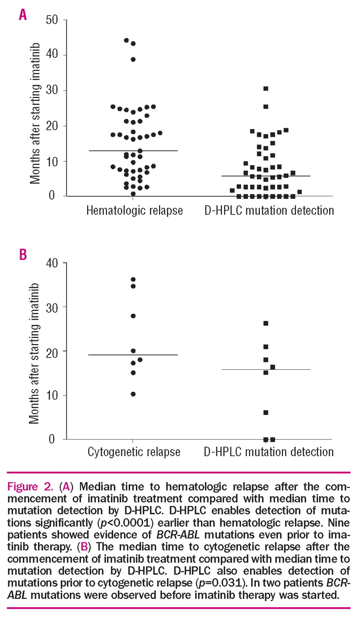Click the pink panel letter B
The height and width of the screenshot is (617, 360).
[x=23, y=254]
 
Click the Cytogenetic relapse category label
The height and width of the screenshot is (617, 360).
[x=134, y=452]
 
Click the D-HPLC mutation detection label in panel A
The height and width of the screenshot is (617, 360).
[x=268, y=211]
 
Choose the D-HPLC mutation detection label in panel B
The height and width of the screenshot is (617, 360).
[x=268, y=452]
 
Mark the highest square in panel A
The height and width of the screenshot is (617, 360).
[x=266, y=89]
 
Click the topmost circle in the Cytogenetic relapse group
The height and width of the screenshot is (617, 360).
[x=133, y=280]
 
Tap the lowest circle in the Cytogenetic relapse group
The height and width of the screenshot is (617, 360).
[x=133, y=394]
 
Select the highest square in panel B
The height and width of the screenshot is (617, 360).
[x=266, y=323]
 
